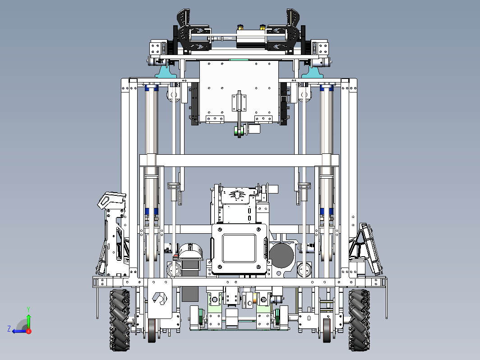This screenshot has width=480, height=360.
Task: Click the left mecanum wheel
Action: pos(120,319)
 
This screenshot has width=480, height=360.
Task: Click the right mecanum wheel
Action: pos(359,319)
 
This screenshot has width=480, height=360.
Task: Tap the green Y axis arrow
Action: pos(28,318)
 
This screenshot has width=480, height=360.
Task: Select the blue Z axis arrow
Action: pos(19,331)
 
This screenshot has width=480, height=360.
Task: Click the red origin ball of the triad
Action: pos(29,331)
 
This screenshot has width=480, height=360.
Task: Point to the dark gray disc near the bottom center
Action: pos(282,256)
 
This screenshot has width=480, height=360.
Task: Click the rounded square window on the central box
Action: pos(239,248)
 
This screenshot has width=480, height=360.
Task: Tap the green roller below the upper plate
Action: pos(239,131)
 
